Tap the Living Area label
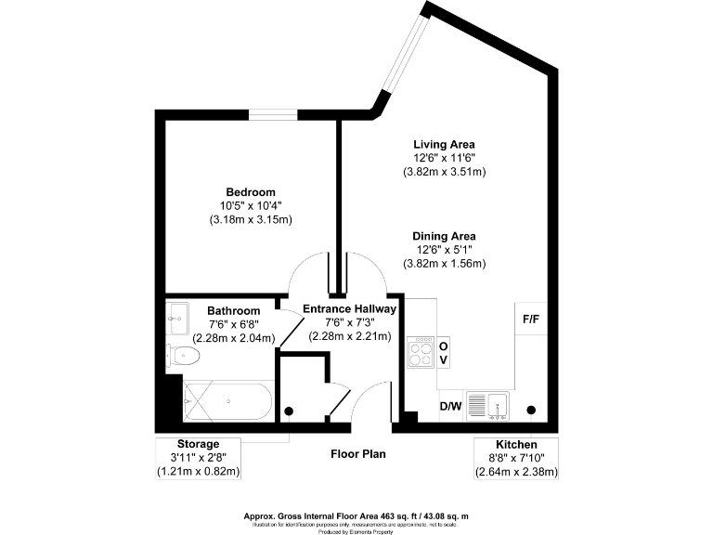tap(445, 144)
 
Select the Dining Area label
tap(445, 236)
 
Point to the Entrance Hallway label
tap(351, 308)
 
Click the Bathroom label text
tap(233, 310)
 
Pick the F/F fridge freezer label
tap(532, 319)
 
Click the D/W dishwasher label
tap(450, 406)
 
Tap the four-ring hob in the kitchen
tap(421, 352)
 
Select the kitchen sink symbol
tap(486, 405)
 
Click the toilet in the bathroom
tap(183, 355)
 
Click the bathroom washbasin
tap(177, 316)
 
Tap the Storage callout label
tap(199, 444)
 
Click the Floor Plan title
tap(358, 454)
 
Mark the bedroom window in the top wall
tap(272, 114)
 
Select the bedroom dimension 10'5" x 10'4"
tap(251, 205)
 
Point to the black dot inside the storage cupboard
tap(289, 411)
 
